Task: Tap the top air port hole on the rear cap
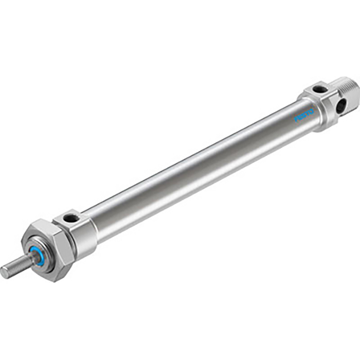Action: pyautogui.click(x=319, y=89)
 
